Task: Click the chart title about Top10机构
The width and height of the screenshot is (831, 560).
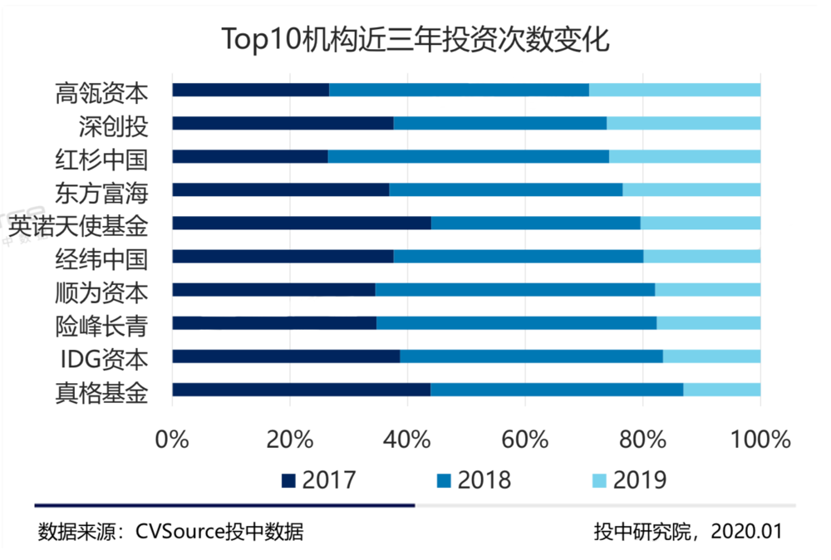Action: tap(415, 39)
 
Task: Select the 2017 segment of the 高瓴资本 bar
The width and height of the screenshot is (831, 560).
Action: tap(251, 90)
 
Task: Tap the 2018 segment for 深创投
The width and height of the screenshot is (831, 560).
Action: tap(500, 123)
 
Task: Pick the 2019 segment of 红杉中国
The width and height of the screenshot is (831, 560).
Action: tap(685, 156)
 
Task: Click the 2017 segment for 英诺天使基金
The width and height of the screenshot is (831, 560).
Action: tap(302, 223)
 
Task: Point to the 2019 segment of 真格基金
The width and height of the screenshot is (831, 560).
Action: tap(722, 390)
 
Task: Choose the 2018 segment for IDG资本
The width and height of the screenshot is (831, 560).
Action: tap(532, 356)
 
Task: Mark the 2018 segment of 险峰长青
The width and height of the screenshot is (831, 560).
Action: tap(517, 323)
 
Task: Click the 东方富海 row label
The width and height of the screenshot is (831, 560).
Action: tap(101, 193)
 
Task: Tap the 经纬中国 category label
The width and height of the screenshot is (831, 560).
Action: tap(101, 259)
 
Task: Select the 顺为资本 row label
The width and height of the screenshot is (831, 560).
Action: tap(101, 293)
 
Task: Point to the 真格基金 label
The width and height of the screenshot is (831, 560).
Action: tap(101, 393)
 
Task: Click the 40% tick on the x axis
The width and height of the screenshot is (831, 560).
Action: tap(407, 440)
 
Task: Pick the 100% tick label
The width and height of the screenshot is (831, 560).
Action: tap(760, 440)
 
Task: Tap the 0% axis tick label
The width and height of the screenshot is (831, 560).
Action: tap(172, 440)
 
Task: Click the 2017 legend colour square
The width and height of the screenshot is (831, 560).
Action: tap(288, 480)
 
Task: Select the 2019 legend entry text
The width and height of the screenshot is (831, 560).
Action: tap(640, 480)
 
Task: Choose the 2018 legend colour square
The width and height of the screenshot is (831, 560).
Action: tap(444, 480)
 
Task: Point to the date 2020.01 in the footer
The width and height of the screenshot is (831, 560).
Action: tap(746, 532)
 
